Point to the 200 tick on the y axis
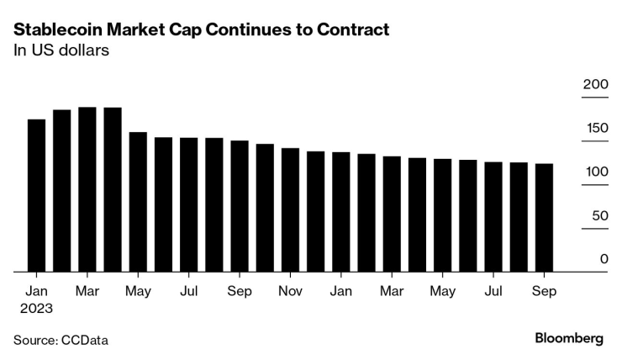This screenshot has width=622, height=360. coord(595,85)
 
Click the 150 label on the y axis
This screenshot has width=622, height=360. coord(595,129)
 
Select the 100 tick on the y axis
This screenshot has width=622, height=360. coord(595,172)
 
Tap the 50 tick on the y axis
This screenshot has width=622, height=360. coord(598,215)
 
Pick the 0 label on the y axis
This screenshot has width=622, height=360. coord(604,259)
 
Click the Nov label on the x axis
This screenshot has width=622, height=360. coord(290,291)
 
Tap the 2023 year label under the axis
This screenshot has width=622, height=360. coord(37,309)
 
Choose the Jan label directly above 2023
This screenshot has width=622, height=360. coord(36,291)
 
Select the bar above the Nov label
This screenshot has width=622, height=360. coord(290,210)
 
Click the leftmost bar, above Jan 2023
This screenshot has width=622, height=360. coord(37,196)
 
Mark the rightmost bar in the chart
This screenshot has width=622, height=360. coord(544,218)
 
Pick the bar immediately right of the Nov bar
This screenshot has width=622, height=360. coord(315,212)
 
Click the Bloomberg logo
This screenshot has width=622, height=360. coord(569,339)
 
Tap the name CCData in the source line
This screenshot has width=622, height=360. coord(84,341)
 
